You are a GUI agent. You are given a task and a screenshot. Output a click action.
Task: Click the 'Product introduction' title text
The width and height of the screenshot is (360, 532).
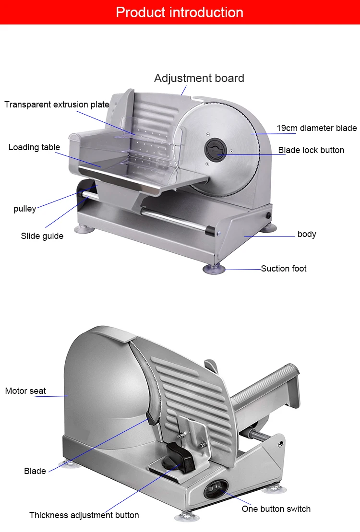coord(180,12)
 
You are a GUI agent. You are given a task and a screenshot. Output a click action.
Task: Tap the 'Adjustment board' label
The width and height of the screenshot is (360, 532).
coord(199,78)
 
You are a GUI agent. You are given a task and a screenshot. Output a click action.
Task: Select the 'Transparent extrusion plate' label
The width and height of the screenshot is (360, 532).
coord(57,105)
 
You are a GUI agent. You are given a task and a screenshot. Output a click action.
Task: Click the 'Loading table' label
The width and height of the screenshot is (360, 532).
coord(34,147)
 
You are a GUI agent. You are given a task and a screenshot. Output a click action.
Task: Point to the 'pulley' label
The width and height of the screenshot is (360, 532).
coord(24,209)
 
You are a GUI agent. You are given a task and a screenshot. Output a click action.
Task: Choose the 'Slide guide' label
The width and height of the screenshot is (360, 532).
coord(42,236)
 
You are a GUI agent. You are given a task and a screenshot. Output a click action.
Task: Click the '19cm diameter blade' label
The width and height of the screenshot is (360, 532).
coord(316,128)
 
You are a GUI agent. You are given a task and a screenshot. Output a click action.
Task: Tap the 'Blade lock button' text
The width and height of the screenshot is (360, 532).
coord(311,150)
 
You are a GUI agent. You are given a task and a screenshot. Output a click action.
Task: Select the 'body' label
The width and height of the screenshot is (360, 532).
coord(307,234)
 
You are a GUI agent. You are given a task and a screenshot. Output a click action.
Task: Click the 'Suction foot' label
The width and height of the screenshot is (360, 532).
coord(283,269)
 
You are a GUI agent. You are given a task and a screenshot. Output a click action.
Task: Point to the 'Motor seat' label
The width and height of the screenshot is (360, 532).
coord(25,391)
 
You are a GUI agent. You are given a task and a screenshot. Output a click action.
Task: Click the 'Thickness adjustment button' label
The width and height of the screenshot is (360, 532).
coord(84,515)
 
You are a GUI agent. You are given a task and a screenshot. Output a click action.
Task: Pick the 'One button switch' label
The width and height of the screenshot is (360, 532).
coord(276,509)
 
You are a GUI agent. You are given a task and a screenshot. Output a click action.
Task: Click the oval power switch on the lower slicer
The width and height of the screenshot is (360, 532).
coord(214,490)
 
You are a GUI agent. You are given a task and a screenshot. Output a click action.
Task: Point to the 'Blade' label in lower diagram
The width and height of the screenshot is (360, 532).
coord(35,471)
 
